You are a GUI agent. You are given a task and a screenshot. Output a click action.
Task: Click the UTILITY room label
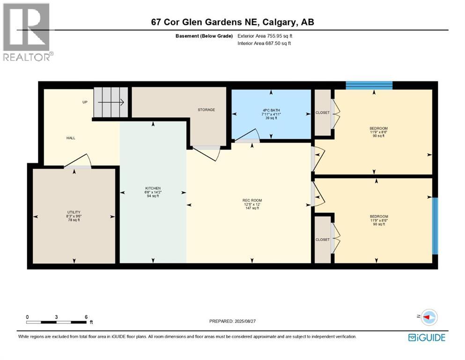[x=74, y=212]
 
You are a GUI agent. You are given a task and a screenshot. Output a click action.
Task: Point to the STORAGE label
[x=206, y=110]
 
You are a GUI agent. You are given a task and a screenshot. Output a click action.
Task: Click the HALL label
[x=70, y=138]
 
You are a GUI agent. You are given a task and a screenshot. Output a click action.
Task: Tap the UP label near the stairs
[x=85, y=102]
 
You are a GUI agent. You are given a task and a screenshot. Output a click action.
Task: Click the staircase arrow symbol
[x=111, y=102]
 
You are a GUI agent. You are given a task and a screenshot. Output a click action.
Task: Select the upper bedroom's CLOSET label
[x=322, y=112]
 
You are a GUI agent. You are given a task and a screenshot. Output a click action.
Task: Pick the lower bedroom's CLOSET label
[x=322, y=240]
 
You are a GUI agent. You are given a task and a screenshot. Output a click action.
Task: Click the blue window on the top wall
[x=369, y=85]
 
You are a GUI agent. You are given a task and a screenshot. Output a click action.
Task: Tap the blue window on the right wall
[x=435, y=225]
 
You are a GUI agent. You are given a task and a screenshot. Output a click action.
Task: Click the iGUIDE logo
[x=427, y=337]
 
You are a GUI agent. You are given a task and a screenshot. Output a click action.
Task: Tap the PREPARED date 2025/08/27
[x=233, y=321]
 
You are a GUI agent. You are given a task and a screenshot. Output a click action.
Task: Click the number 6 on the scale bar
[x=86, y=317]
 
